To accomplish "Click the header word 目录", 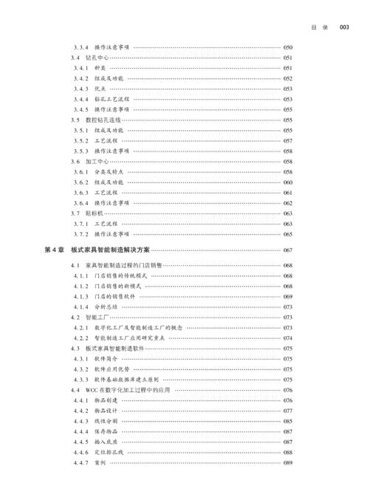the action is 320,28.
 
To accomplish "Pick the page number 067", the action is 288,250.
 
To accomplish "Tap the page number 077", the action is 288,411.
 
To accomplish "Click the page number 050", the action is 288,47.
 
